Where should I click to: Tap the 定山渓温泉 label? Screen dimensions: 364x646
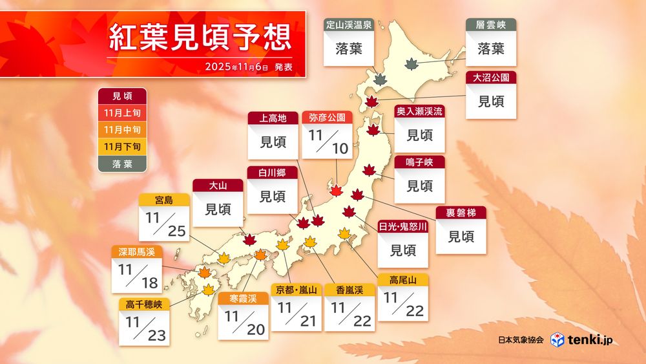348,26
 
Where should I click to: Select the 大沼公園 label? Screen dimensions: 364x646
491,78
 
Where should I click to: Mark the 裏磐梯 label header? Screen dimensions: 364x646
461,212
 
